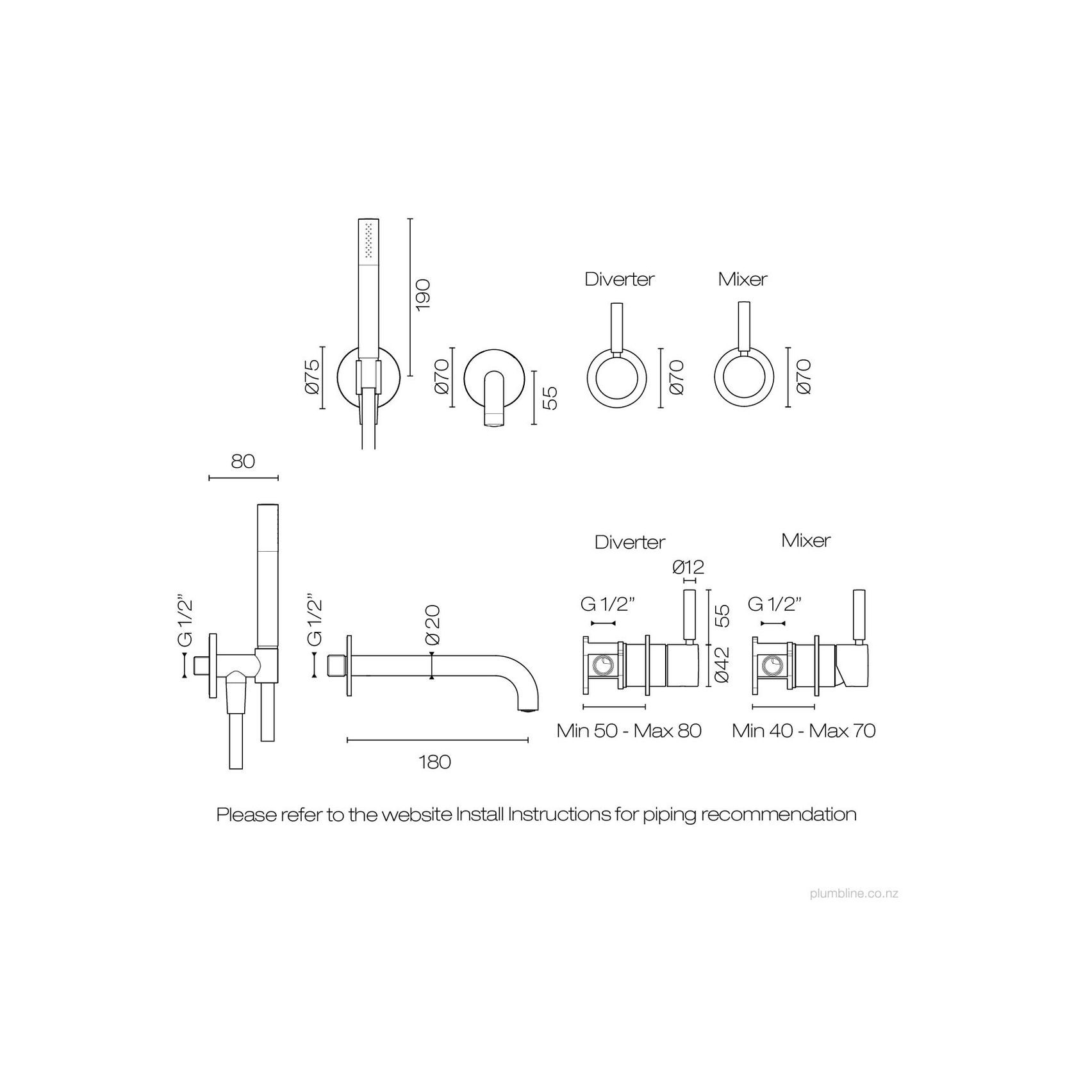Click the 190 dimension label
[x=423, y=295]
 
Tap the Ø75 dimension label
[x=312, y=378]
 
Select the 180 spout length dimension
[x=435, y=762]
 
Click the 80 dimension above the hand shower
[x=243, y=461]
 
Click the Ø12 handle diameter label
[x=689, y=567]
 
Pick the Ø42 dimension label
[x=722, y=665]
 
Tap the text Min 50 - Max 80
[x=629, y=731]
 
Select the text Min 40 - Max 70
[x=804, y=731]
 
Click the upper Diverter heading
[x=620, y=279]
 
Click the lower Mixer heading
[x=806, y=540]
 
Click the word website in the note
[x=417, y=814]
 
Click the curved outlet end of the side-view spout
[x=527, y=709]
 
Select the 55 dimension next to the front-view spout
[x=549, y=398]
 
